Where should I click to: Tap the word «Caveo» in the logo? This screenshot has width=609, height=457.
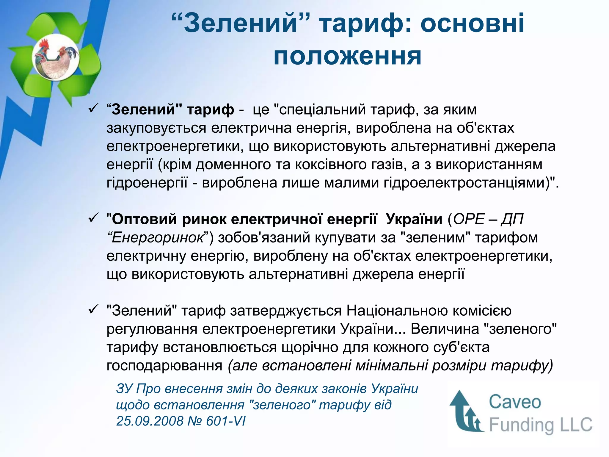515,402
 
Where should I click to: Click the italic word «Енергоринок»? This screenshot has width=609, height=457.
158,238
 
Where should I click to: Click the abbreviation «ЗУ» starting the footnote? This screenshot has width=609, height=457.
124,389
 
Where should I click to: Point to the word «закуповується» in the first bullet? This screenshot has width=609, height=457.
156,128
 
